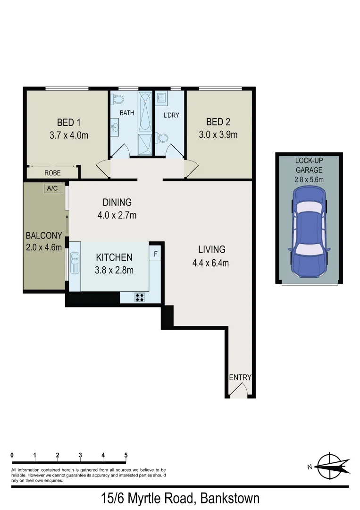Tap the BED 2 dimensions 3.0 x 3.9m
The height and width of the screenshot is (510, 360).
pyautogui.click(x=218, y=135)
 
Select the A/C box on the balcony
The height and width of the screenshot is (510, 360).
pyautogui.click(x=51, y=188)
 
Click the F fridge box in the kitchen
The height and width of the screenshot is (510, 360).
pyautogui.click(x=156, y=253)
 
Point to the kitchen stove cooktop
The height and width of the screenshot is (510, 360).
pyautogui.click(x=140, y=297)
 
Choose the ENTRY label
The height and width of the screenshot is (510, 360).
pyautogui.click(x=240, y=377)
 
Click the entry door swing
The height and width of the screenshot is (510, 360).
pyautogui.click(x=240, y=390)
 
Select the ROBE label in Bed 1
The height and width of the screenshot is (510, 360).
pyautogui.click(x=52, y=173)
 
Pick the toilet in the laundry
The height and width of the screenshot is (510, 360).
pyautogui.click(x=163, y=138)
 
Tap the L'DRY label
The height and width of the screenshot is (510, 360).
pyautogui.click(x=171, y=115)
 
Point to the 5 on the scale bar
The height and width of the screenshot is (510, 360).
pyautogui.click(x=126, y=455)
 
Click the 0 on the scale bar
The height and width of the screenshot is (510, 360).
pyautogui.click(x=12, y=455)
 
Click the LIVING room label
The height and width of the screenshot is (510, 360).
pyautogui.click(x=211, y=249)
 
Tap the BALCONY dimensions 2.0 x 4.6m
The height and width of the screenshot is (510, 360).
pyautogui.click(x=44, y=247)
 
